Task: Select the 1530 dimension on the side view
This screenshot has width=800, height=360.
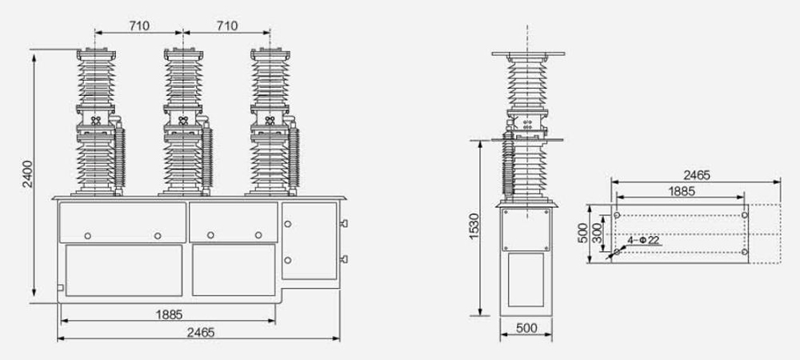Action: tap(473, 227)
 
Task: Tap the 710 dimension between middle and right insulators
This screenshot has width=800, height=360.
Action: tap(226, 26)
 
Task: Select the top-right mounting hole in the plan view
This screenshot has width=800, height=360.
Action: tap(745, 214)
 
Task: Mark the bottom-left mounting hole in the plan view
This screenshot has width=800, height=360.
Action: tap(616, 253)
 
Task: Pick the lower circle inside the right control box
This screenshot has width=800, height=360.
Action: tap(288, 259)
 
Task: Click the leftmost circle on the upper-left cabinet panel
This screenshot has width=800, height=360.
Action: tap(87, 234)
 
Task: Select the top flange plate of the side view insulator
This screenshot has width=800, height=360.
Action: tap(528, 54)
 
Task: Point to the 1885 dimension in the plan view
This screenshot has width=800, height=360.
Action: tap(681, 191)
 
